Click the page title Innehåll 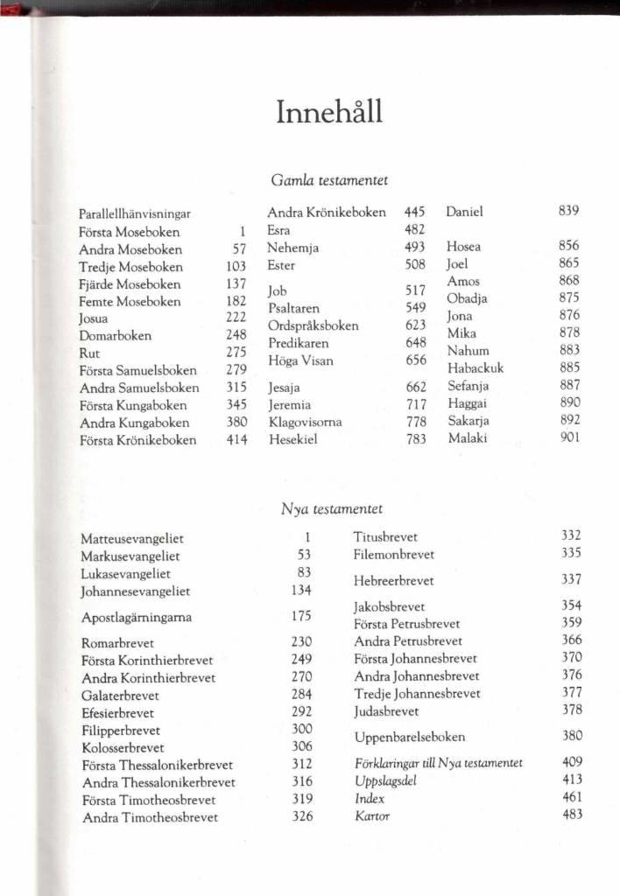pyautogui.click(x=330, y=114)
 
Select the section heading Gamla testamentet pyautogui.click(x=330, y=180)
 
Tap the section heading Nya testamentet pyautogui.click(x=332, y=507)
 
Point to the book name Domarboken pyautogui.click(x=115, y=335)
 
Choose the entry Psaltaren pyautogui.click(x=293, y=308)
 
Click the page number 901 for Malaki pyautogui.click(x=569, y=437)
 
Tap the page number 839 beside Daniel pyautogui.click(x=569, y=211)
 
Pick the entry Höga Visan pyautogui.click(x=300, y=360)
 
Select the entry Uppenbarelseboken pyautogui.click(x=409, y=737)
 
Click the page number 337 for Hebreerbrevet pyautogui.click(x=572, y=579)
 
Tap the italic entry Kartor pyautogui.click(x=372, y=816)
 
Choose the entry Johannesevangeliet pyautogui.click(x=136, y=591)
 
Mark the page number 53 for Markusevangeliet pyautogui.click(x=305, y=555)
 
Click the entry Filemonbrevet pyautogui.click(x=393, y=554)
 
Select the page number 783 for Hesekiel pyautogui.click(x=416, y=439)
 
